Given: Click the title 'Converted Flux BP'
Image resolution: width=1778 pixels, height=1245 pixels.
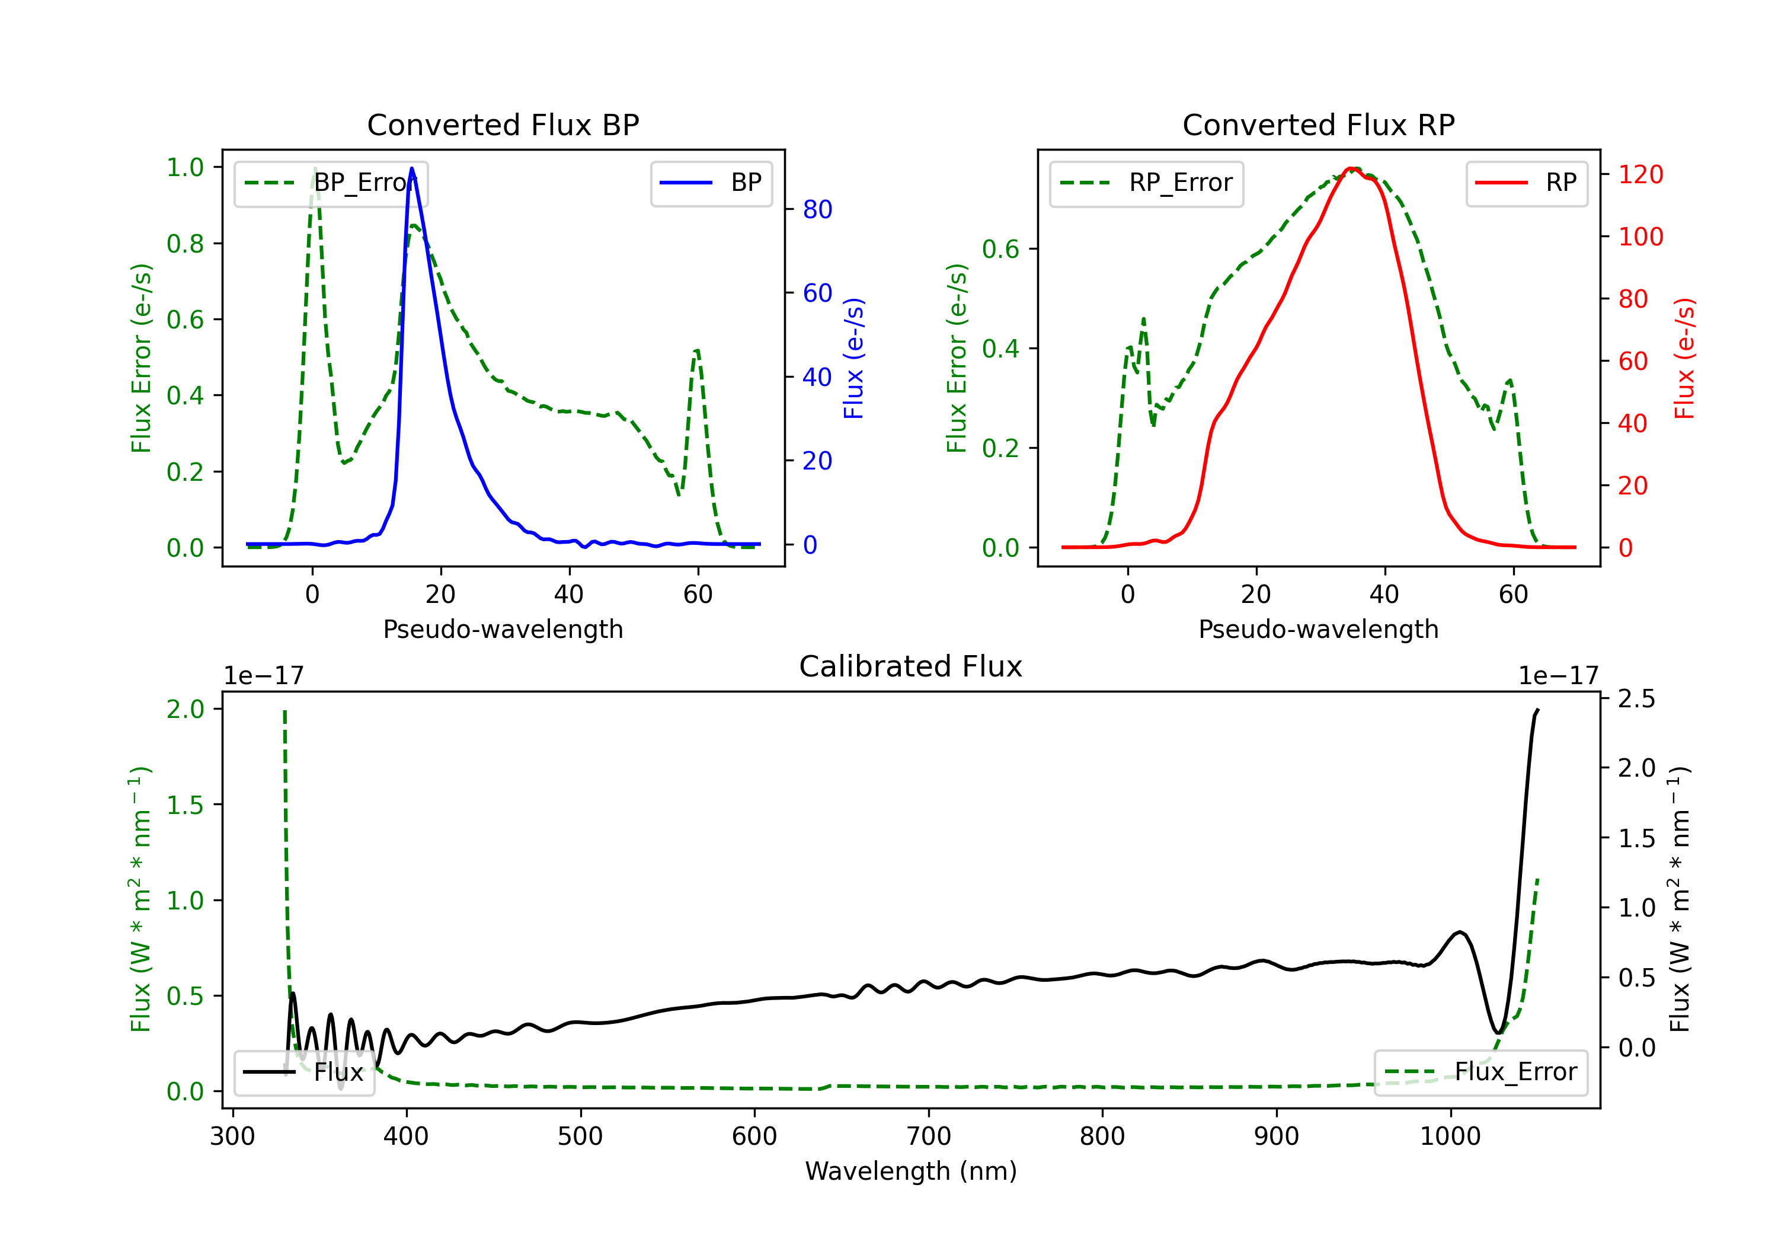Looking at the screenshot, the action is tap(503, 124).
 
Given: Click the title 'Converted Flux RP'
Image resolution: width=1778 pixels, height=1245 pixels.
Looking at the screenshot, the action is tap(1319, 124).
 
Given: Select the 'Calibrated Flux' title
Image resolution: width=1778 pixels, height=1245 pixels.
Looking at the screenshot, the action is tap(911, 666).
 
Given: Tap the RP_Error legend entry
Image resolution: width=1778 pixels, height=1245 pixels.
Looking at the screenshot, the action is tap(1146, 183).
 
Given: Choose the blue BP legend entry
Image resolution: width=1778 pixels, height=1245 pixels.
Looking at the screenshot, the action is tap(711, 183).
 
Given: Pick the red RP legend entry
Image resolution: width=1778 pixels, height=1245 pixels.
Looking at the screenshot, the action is tap(1526, 183).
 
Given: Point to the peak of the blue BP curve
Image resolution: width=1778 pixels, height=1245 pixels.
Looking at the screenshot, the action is tap(411, 168).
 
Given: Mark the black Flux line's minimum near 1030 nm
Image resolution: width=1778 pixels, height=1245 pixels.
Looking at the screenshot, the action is tap(1499, 1033).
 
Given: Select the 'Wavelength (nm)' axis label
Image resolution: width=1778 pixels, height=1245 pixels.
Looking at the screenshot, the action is tap(911, 1171).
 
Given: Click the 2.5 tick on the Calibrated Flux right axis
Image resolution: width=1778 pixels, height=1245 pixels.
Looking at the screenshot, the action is tap(1636, 699).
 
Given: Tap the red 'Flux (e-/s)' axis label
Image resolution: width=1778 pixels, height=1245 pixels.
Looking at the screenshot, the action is tap(1684, 359).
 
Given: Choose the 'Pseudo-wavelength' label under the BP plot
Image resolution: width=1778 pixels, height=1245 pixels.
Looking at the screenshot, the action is tap(503, 629).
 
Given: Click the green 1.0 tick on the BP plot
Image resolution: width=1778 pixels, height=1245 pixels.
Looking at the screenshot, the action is tap(185, 167).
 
